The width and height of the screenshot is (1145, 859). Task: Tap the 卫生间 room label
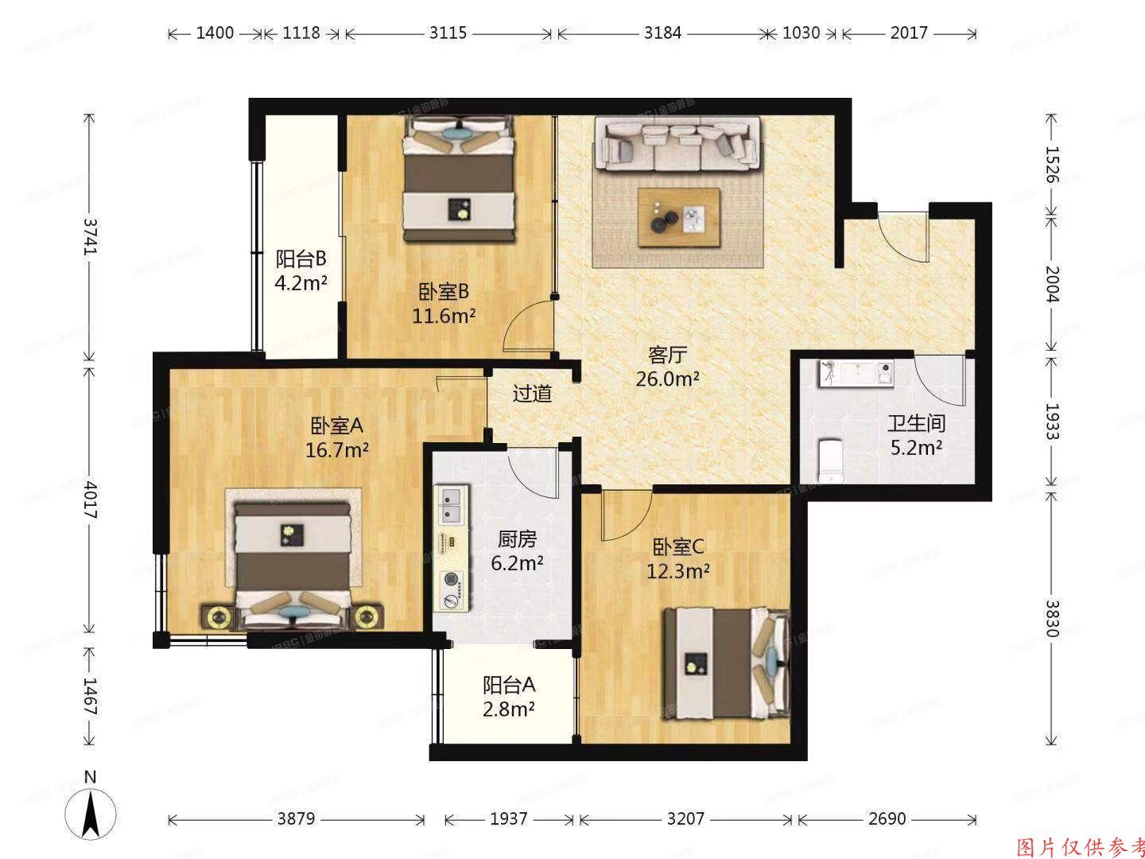pos(916,423)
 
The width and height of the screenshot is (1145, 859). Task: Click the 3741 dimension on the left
pos(90,235)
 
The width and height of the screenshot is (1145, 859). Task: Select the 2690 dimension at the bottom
pos(887,818)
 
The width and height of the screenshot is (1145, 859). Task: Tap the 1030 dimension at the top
pos(801,33)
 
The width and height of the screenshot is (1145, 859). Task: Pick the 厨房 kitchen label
pos(518,540)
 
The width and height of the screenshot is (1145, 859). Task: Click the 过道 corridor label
pos(532,393)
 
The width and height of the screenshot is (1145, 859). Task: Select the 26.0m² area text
pos(667,379)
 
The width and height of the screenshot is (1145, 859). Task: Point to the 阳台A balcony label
pos(509,685)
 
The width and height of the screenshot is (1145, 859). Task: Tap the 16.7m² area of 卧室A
pos(336,450)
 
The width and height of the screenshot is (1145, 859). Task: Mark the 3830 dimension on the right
pos(1052,618)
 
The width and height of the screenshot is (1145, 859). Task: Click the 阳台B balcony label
pos(301,258)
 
